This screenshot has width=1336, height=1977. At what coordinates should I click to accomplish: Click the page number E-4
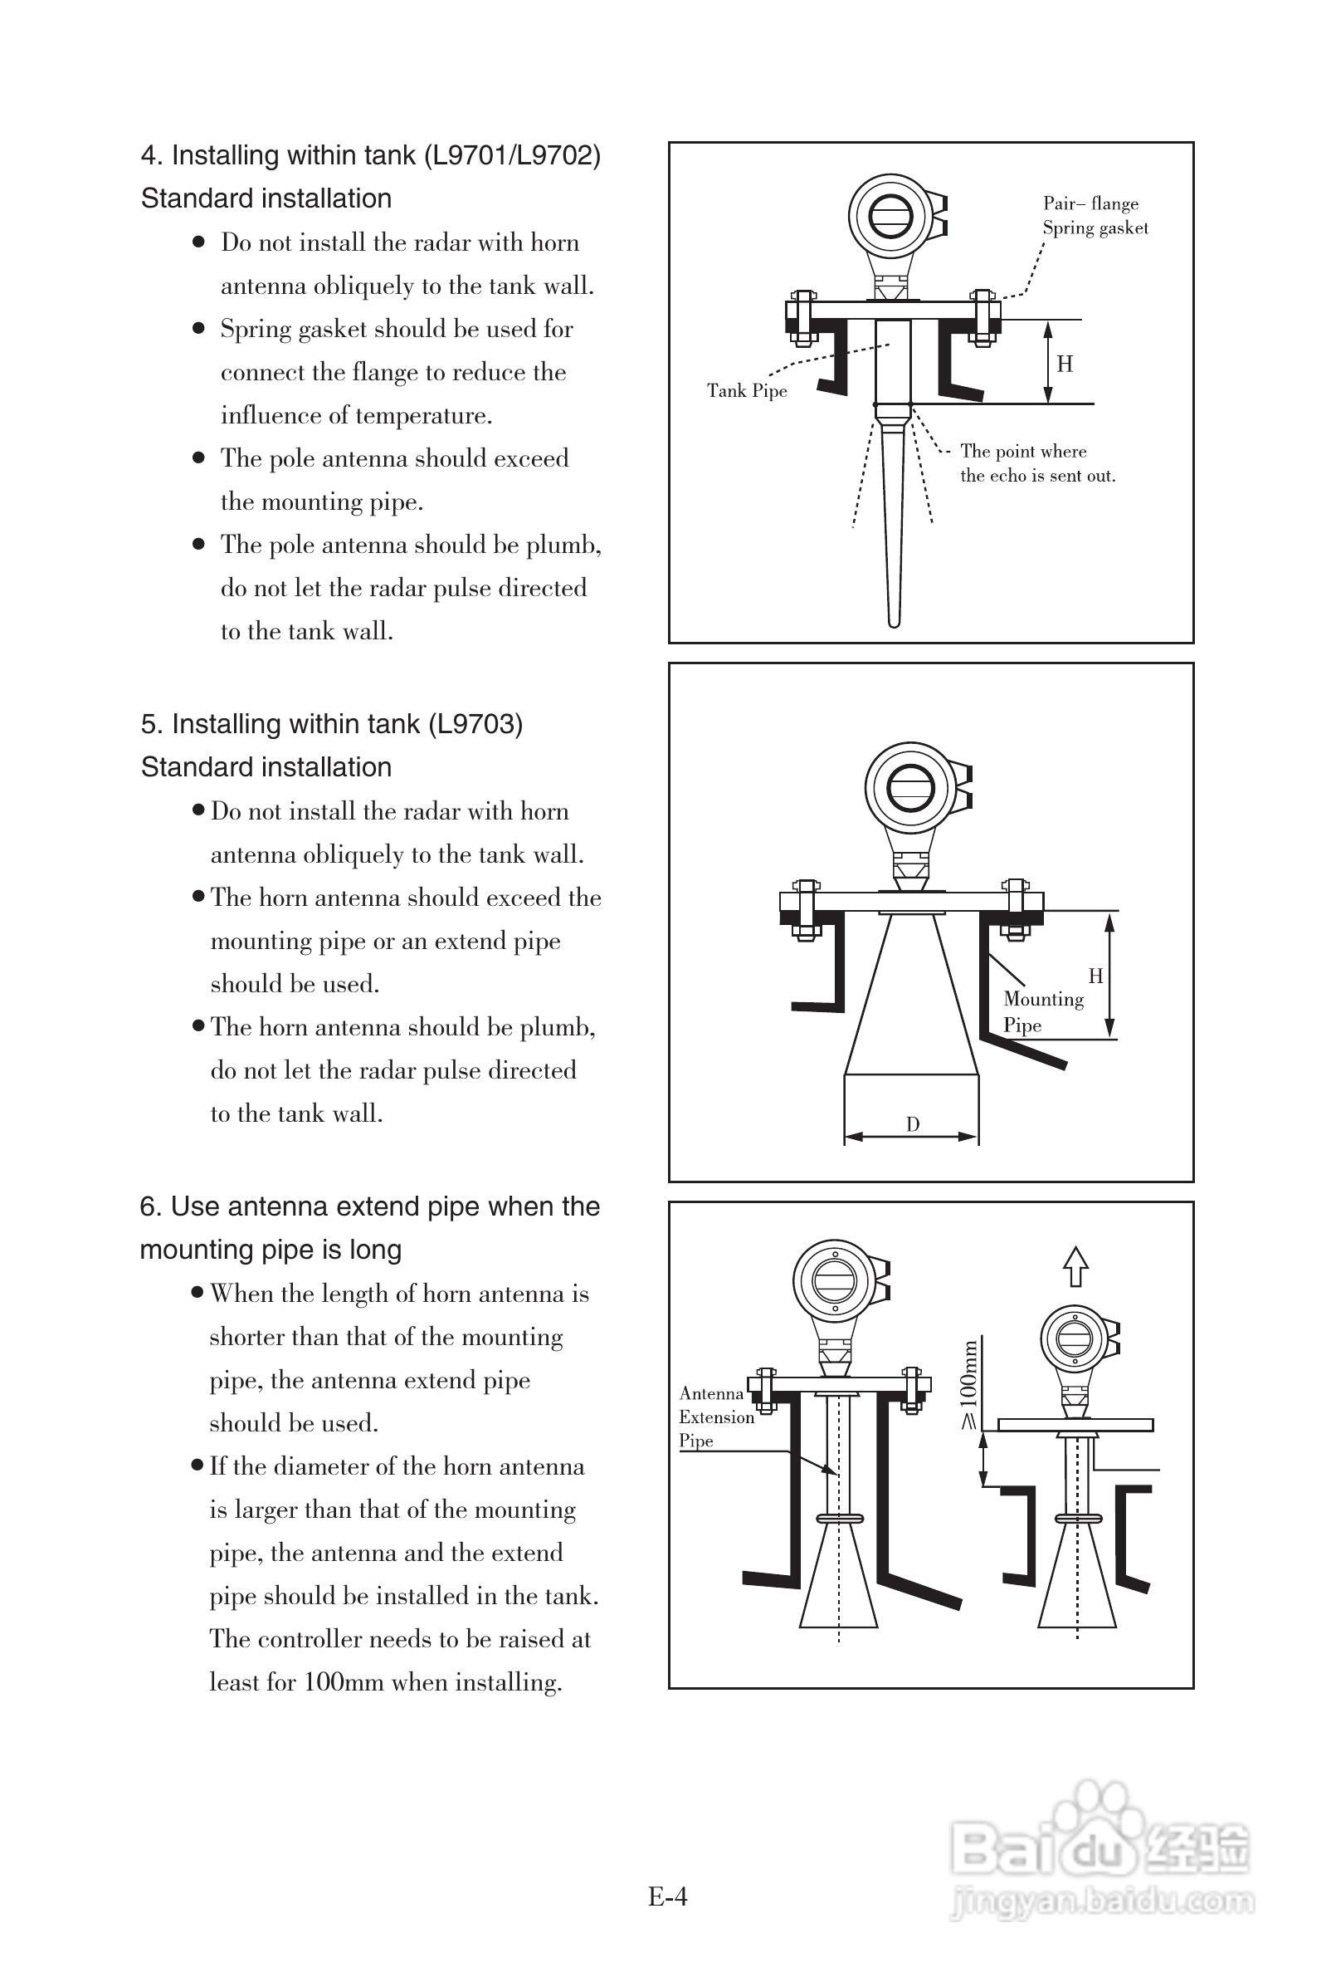pyautogui.click(x=666, y=1896)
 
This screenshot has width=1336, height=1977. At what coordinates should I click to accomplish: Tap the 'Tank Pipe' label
pyautogui.click(x=747, y=390)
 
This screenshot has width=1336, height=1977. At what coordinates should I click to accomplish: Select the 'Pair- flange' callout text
pyautogui.click(x=1090, y=203)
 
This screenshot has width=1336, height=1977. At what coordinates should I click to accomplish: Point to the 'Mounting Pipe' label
pyautogui.click(x=1042, y=1011)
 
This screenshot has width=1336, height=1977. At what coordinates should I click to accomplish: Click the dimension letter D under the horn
pyautogui.click(x=913, y=1124)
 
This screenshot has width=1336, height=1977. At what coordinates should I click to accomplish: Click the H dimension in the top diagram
pyautogui.click(x=1064, y=364)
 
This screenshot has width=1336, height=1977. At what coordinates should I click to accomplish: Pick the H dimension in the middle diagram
pyautogui.click(x=1095, y=976)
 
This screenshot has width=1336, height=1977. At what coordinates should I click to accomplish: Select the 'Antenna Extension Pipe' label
pyautogui.click(x=716, y=1417)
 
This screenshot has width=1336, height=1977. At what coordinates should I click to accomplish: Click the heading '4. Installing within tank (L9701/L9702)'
pyautogui.click(x=371, y=155)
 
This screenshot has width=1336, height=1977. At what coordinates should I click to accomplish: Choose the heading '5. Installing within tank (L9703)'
pyautogui.click(x=332, y=724)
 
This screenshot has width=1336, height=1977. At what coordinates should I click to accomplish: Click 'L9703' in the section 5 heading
pyautogui.click(x=474, y=724)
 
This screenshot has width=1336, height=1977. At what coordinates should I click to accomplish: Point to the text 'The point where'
pyautogui.click(x=1023, y=451)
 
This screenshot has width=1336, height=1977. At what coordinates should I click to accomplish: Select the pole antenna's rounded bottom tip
pyautogui.click(x=893, y=623)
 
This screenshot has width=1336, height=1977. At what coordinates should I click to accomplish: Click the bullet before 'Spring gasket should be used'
pyautogui.click(x=199, y=327)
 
